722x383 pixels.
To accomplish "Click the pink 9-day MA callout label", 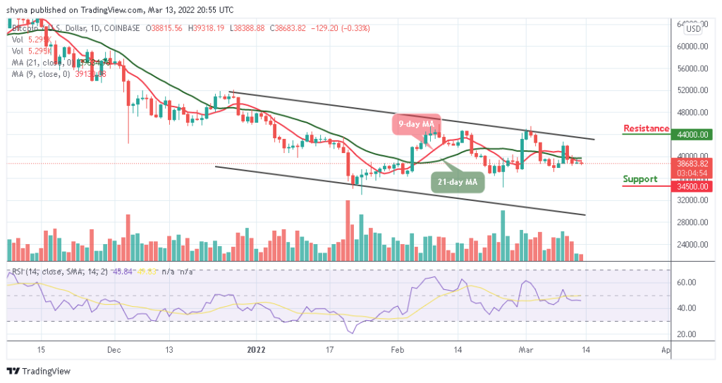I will (415, 124).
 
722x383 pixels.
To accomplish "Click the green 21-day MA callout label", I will (458, 182).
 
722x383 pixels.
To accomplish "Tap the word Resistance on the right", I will (646, 128).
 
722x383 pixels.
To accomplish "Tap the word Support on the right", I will (640, 179).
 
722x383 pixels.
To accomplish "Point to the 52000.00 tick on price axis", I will (692, 90).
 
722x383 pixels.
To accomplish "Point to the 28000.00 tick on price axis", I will (692, 222).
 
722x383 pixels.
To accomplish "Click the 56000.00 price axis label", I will (692, 68).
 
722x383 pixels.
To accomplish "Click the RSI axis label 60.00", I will (687, 282).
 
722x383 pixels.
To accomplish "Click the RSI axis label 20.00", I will (687, 334).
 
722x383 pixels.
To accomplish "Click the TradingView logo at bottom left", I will (41, 371).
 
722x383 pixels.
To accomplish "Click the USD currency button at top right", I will (693, 29).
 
